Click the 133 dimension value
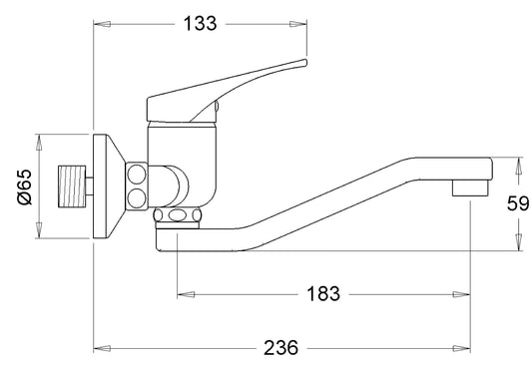click(200, 24)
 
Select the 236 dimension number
click(280, 348)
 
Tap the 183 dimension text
click(323, 293)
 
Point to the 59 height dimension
click(518, 203)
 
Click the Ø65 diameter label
click(24, 186)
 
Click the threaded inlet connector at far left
click(72, 186)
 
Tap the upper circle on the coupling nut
click(137, 175)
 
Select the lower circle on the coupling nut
click(137, 198)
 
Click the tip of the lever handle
click(305, 63)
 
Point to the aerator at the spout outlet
click(470, 187)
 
